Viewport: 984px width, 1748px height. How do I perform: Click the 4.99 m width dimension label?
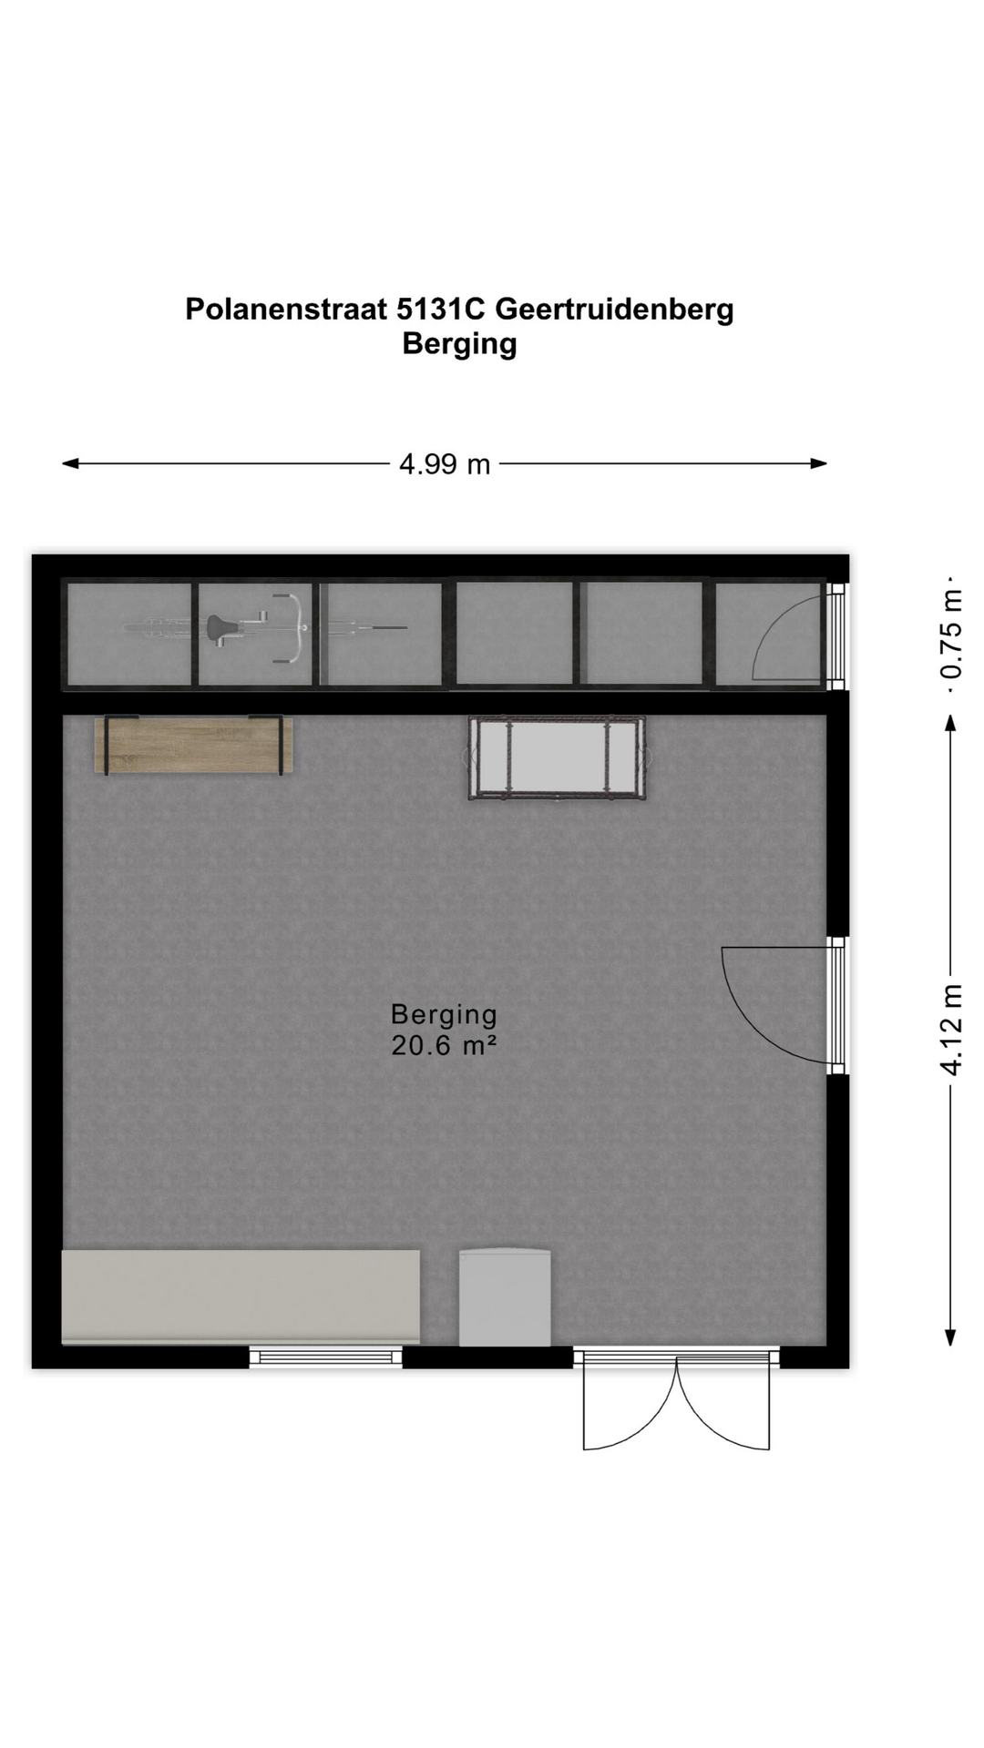(445, 464)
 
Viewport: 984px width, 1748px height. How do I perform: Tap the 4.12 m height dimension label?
(951, 1030)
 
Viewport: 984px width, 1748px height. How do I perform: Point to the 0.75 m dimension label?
(951, 635)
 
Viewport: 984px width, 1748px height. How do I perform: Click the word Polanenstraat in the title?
(286, 310)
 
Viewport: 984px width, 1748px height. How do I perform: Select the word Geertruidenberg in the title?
(614, 310)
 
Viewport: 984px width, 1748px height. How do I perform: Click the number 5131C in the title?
(441, 310)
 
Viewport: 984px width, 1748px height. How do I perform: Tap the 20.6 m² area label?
(444, 1045)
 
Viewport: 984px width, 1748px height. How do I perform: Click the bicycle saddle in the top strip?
(221, 628)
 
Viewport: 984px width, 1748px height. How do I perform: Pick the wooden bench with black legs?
(194, 746)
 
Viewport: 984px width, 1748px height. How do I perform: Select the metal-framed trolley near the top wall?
(558, 758)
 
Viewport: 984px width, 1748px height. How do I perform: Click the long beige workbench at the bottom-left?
(241, 1296)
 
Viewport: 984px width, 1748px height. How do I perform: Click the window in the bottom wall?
(326, 1357)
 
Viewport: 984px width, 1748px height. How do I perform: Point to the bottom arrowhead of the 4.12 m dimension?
(950, 1337)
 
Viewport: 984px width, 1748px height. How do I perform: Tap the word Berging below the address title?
(459, 345)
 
